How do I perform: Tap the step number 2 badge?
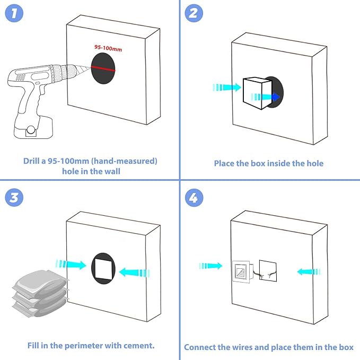(x=193, y=13)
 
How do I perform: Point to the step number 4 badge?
(x=193, y=198)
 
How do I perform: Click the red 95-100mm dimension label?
(x=108, y=48)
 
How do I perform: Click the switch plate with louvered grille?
(x=243, y=272)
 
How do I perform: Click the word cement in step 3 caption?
(x=136, y=346)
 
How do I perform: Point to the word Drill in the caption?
(x=32, y=161)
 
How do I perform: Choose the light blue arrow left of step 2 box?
(x=226, y=87)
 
